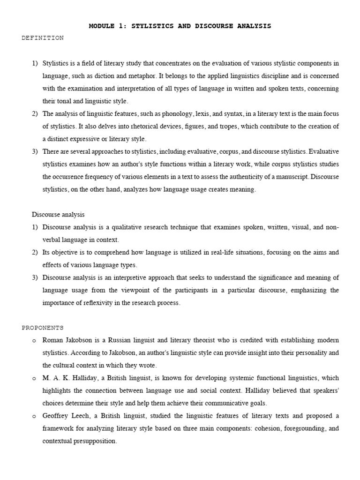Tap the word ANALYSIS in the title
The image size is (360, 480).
click(253, 26)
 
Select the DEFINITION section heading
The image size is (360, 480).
click(43, 38)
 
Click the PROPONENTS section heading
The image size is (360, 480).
click(43, 328)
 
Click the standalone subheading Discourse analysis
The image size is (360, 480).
click(58, 215)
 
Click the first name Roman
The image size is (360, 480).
click(53, 340)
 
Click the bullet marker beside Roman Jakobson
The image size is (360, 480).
click(34, 340)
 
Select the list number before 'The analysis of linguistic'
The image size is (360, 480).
click(35, 113)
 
